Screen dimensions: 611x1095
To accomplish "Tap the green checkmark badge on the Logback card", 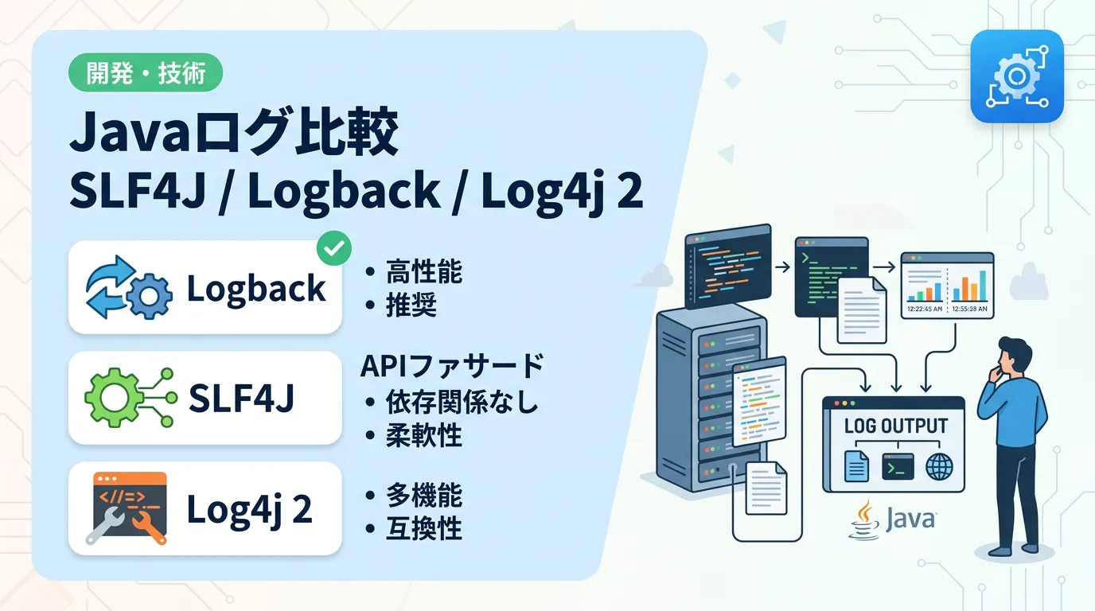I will coord(334,249).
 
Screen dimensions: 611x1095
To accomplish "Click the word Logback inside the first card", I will coord(256,288).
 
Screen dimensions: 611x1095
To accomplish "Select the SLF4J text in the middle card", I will coord(241,399).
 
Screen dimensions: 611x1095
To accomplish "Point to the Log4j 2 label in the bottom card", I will coord(248,509).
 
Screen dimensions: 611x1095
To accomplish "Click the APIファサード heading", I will coord(452,367).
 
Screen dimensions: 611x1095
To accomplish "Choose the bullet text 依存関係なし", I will coord(462,402).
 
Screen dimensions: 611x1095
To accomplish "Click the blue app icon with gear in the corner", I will coord(1016,76).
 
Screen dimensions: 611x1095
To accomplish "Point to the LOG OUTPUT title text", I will coord(895,426).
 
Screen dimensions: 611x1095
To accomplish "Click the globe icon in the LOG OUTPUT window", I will coord(939,467).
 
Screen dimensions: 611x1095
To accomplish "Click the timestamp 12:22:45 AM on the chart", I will coord(924,309).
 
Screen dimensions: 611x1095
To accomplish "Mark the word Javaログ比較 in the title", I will coord(233,135).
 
